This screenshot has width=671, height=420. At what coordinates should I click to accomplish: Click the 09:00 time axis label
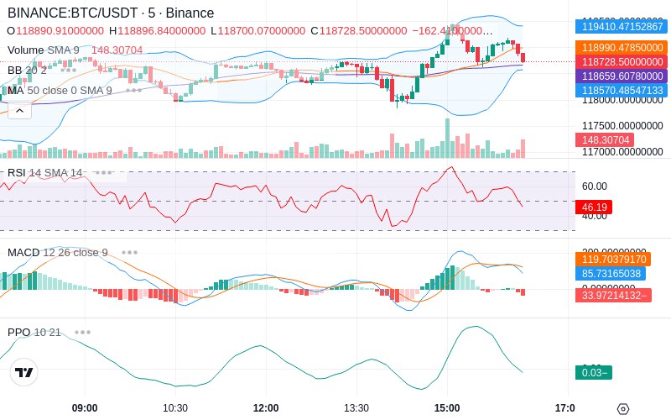pos(85,408)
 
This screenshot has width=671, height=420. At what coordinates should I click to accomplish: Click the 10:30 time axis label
pos(175,408)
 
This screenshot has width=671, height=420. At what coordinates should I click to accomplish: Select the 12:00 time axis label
pos(266,408)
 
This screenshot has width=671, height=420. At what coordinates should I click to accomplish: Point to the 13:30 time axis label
pos(356,408)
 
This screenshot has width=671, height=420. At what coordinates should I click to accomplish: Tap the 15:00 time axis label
pos(447,408)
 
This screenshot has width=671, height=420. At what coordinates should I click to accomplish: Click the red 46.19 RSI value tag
pos(593,207)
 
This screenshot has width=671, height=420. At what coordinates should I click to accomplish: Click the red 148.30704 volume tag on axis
pos(598,140)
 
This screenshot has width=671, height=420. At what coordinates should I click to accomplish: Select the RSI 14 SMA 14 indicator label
pos(45,172)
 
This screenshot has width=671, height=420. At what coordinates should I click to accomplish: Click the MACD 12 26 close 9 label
pos(58,252)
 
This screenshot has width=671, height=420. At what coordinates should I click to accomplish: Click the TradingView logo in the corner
pos(24,372)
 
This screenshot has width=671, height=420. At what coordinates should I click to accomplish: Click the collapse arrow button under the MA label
pos(19,110)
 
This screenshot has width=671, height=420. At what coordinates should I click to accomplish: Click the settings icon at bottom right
pos(622,409)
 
